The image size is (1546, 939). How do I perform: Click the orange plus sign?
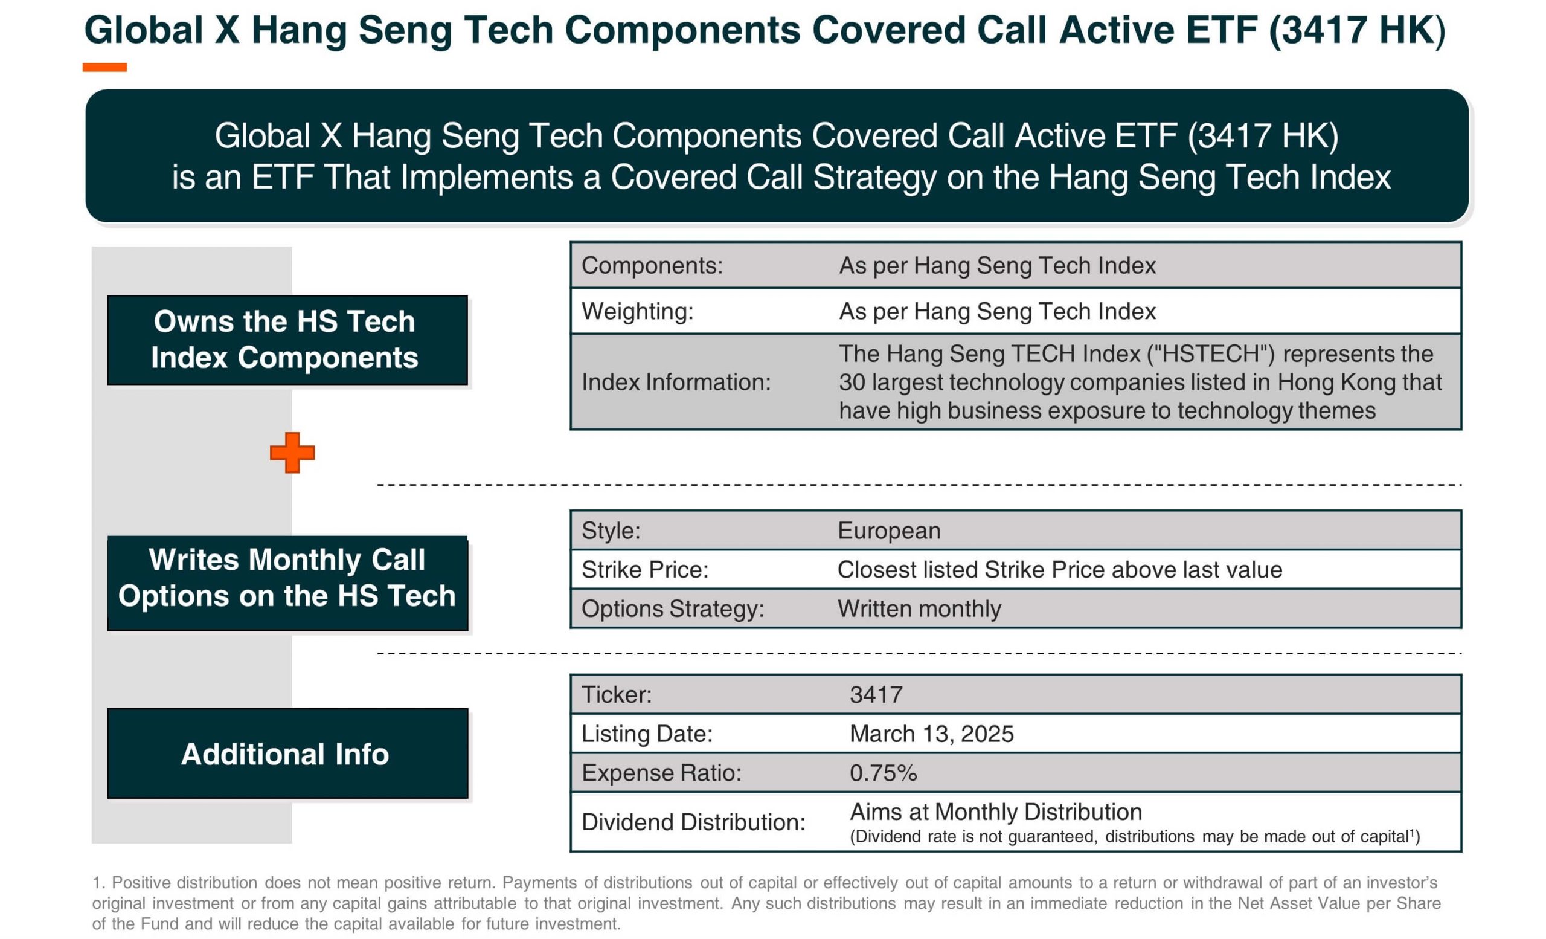click(292, 453)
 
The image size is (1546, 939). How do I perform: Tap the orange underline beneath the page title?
click(105, 67)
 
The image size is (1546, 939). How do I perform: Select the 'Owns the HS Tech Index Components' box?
click(287, 340)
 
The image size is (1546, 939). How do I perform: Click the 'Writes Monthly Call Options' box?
click(287, 583)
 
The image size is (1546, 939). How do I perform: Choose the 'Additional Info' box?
click(287, 753)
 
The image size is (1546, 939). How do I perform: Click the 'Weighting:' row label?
click(638, 311)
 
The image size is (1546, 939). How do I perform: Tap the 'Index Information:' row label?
click(676, 382)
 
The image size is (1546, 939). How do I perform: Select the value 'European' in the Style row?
click(889, 531)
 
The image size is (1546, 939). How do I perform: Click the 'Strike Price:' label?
click(645, 570)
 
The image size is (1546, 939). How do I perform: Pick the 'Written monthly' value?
click(919, 609)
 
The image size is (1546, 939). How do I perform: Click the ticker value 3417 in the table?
click(876, 695)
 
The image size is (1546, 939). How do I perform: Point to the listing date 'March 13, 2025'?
click(932, 734)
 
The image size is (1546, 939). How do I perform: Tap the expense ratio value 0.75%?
click(884, 773)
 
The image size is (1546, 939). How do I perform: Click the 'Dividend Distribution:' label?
click(693, 822)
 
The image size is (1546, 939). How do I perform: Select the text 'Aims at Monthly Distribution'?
click(996, 812)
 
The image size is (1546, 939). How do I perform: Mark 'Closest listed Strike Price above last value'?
click(1060, 570)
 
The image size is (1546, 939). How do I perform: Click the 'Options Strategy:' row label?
click(673, 609)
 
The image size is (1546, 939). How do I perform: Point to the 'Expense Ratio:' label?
click(661, 773)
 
